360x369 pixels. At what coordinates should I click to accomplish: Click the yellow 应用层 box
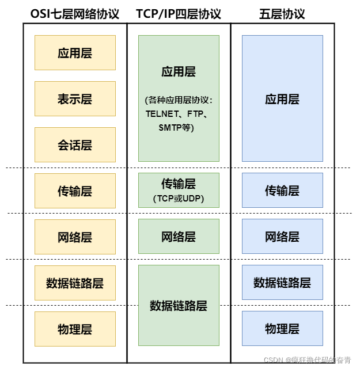75,53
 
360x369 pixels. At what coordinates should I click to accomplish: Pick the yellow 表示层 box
75,98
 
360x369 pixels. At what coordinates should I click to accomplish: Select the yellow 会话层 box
75,144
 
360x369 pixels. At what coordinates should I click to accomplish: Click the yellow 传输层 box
75,191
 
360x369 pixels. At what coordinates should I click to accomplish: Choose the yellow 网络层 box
75,237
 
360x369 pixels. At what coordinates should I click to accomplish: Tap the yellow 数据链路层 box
75,283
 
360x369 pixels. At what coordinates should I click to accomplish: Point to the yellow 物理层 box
75,329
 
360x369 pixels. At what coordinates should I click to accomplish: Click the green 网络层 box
179,236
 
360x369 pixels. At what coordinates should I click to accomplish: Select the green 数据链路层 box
179,305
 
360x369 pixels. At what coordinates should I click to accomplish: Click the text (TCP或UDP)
179,199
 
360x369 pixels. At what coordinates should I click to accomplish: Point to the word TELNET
163,114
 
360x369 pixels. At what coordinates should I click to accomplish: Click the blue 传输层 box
282,190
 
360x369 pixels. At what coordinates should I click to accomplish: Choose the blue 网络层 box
282,236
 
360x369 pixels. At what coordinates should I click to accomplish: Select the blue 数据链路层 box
282,282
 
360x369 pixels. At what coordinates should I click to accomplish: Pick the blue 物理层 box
282,328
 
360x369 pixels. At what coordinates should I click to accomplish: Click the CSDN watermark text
308,359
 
